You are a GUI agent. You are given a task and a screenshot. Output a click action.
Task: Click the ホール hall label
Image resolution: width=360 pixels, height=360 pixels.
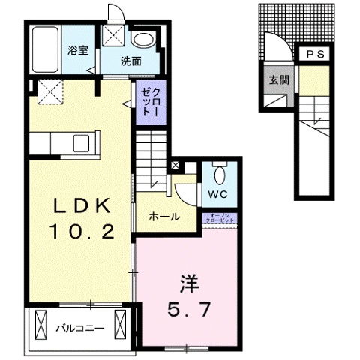[164, 217]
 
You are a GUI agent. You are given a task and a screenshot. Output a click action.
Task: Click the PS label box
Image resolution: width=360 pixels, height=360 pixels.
[316, 54]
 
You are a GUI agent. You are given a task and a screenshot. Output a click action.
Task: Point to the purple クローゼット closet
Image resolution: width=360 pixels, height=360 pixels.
[145, 102]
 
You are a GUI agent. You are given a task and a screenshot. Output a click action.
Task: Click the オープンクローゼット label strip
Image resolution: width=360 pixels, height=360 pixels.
[221, 219]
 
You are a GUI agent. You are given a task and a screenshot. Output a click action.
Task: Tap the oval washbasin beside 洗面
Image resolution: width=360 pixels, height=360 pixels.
[142, 40]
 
